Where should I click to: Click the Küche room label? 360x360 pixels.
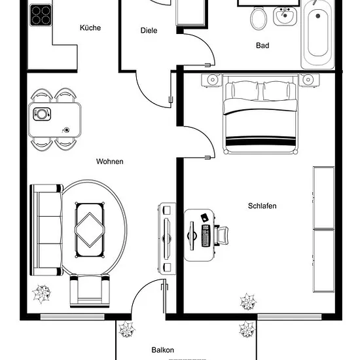pos(90,27)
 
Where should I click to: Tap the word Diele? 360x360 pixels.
pos(149,30)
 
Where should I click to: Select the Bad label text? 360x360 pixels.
pos(262,45)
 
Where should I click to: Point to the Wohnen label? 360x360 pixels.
pos(109,162)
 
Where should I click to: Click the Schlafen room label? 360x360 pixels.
pos(262,206)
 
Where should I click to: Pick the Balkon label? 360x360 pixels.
pos(162,350)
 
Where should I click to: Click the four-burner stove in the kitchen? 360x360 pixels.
pos(41,15)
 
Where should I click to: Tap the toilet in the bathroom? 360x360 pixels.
pos(259,18)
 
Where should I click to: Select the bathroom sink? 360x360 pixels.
pos(285,16)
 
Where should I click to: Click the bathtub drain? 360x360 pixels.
pos(318,16)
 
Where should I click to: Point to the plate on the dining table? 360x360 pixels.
pos(42,114)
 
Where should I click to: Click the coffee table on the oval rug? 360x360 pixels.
pos(90,230)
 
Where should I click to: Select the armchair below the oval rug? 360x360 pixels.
pos(90,291)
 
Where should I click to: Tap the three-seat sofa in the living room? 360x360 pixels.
pos(46,230)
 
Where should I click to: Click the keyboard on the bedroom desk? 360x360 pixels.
pos(206,236)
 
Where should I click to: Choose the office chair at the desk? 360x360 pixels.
pos(221,236)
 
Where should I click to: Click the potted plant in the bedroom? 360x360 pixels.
pos(248,302)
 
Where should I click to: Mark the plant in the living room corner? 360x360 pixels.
pos(41,294)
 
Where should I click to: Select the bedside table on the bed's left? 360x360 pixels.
pos(212,80)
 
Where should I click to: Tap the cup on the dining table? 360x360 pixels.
pos(67,130)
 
